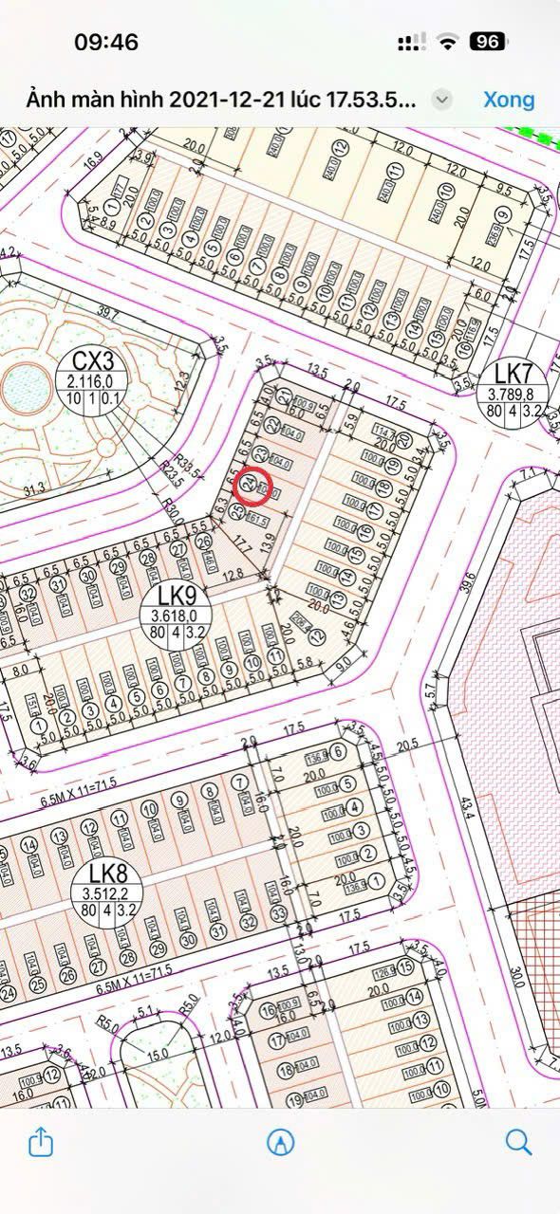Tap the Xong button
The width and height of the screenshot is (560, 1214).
[x=509, y=100]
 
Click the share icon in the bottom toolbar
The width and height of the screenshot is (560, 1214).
[x=41, y=1141]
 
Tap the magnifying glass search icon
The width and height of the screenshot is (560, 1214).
[x=518, y=1141]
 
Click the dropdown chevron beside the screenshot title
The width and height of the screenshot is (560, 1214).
[x=441, y=100]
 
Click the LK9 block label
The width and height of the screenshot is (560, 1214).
[x=177, y=596]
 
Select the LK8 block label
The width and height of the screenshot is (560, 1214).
[x=108, y=874]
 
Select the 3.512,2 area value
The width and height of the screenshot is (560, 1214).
[x=108, y=892]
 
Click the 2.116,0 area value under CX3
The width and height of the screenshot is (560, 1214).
[x=91, y=381]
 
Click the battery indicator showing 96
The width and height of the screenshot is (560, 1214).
[x=488, y=42]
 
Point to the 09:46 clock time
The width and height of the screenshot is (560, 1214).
[x=106, y=42]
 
